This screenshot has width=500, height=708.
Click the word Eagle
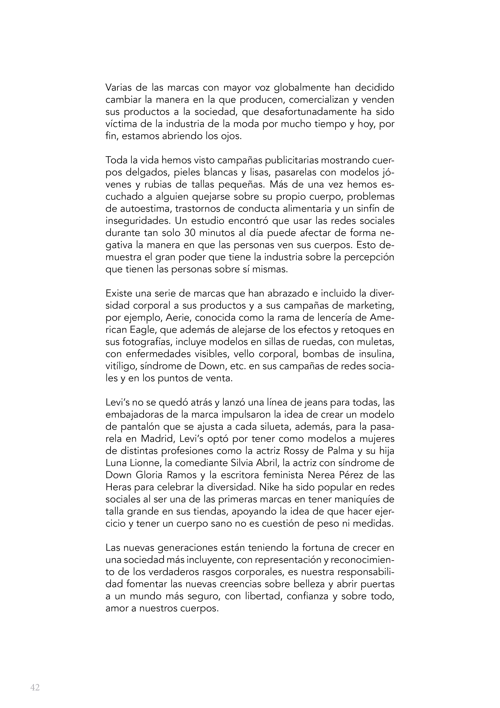point(141,330)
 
